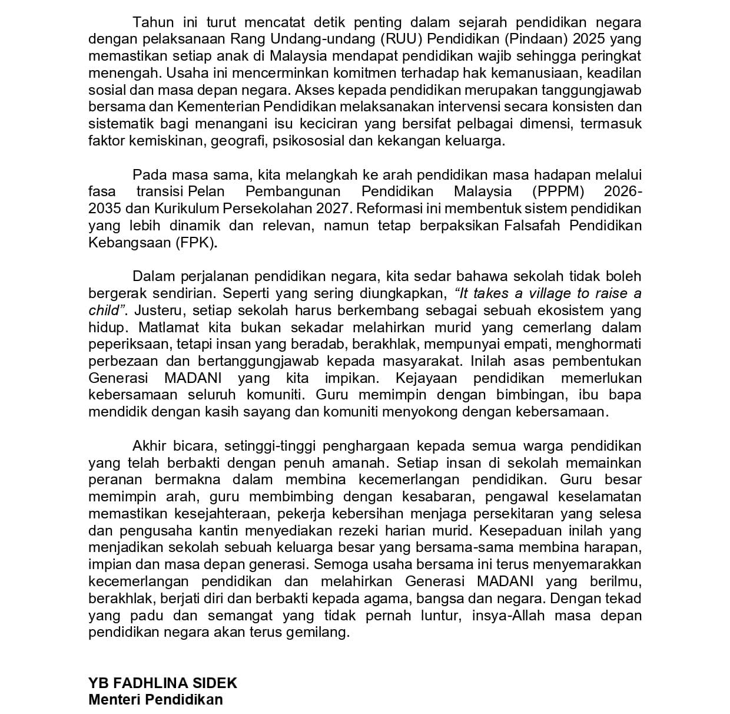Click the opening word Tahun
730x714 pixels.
click(x=153, y=23)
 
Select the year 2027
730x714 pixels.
click(x=333, y=209)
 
